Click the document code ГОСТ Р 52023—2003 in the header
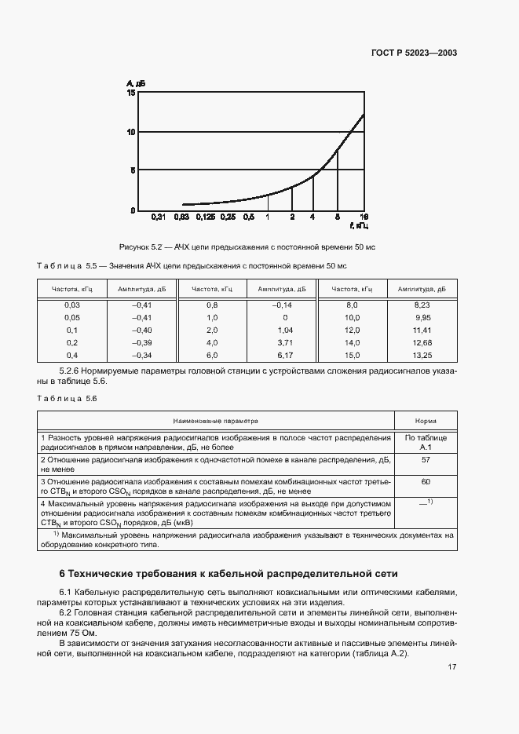[415, 53]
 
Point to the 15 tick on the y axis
[131, 93]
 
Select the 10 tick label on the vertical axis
[131, 132]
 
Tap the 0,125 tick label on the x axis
[206, 217]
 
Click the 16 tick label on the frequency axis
[364, 217]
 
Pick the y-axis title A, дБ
[134, 82]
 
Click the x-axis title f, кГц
[360, 226]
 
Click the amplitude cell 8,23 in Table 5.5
[422, 304]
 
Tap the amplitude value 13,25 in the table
[422, 355]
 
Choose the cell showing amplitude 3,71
[284, 342]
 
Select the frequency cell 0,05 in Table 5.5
[71, 316]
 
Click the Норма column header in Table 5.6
[426, 421]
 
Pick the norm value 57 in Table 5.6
[426, 460]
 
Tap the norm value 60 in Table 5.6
[426, 481]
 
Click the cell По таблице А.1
[426, 441]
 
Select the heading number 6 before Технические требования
[63, 574]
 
